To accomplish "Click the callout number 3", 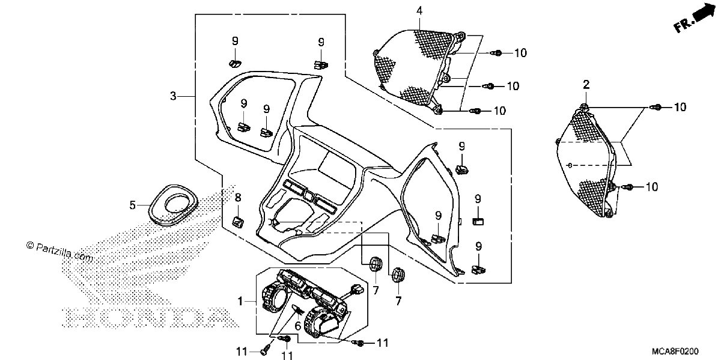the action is pyautogui.click(x=173, y=96).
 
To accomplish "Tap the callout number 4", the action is pyautogui.click(x=419, y=11).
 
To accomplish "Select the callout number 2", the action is pyautogui.click(x=586, y=85).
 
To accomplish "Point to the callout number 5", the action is pyautogui.click(x=133, y=205).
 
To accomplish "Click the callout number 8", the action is pyautogui.click(x=238, y=197).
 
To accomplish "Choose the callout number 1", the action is pyautogui.click(x=240, y=301).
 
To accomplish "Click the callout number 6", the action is pyautogui.click(x=298, y=326).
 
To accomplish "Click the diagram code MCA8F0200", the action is pyautogui.click(x=675, y=351).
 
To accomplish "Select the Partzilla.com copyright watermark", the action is pyautogui.click(x=59, y=252).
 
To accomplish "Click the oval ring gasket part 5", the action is pyautogui.click(x=173, y=205).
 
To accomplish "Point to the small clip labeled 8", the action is pyautogui.click(x=238, y=222).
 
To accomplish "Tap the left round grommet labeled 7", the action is pyautogui.click(x=376, y=264).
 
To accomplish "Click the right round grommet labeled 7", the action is pyautogui.click(x=398, y=274).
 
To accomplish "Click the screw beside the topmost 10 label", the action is pyautogui.click(x=497, y=53).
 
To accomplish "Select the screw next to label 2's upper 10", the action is pyautogui.click(x=656, y=107).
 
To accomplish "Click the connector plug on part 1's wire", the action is pyautogui.click(x=357, y=288).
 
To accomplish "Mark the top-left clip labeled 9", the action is pyautogui.click(x=235, y=64).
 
